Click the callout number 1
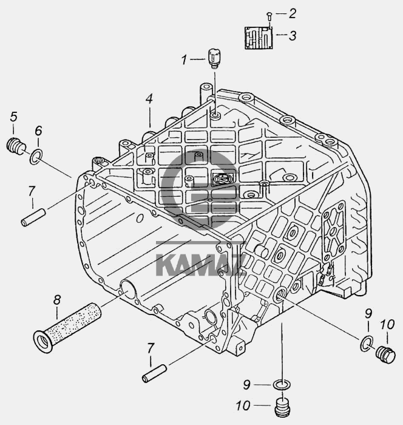click(185, 59)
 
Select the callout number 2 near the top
click(292, 13)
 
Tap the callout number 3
click(293, 35)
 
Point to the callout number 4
click(149, 98)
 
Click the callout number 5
click(13, 117)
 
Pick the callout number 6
click(38, 131)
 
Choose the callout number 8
click(56, 300)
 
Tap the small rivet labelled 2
click(269, 16)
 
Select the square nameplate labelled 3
click(259, 38)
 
